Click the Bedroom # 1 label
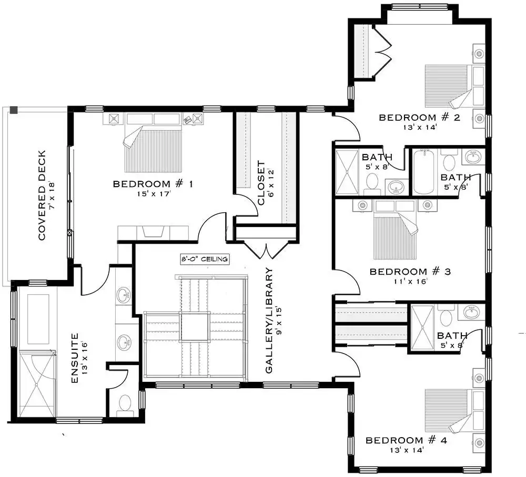coord(153,184)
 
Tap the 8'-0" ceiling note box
coord(205,259)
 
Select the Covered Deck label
coord(42,195)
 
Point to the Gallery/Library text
coord(269,320)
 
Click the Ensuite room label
coord(75,358)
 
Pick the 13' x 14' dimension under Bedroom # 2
coord(420,127)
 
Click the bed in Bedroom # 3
coord(396,230)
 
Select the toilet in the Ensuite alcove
coord(125,403)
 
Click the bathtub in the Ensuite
coord(38,319)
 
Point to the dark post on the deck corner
coord(14,110)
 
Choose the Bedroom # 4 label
coord(406,440)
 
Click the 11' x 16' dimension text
coord(411,282)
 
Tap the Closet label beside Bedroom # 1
coord(261,183)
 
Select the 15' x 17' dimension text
coord(154,194)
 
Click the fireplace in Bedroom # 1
coord(153,233)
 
